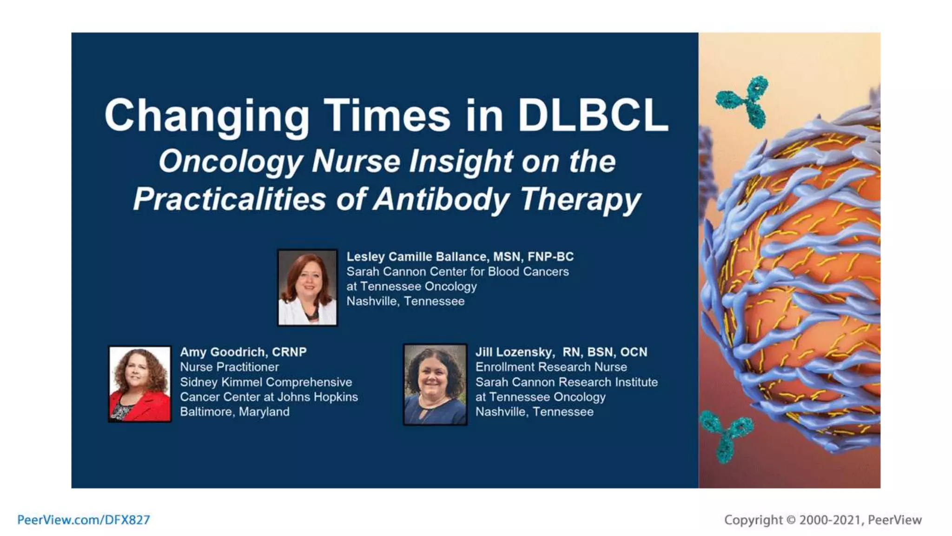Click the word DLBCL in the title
click(593, 115)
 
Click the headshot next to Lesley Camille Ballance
click(307, 288)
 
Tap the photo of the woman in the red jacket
click(139, 384)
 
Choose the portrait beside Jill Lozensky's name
click(435, 384)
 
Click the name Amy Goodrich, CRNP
click(243, 352)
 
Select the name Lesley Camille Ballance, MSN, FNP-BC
click(460, 257)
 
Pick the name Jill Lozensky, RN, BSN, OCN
click(561, 352)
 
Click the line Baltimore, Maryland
click(235, 412)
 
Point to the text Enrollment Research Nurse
click(551, 367)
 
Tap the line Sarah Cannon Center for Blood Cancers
click(457, 272)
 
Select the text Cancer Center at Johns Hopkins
click(269, 397)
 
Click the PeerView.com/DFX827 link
click(84, 520)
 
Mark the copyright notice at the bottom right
click(823, 520)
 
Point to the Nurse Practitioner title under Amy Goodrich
click(229, 367)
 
